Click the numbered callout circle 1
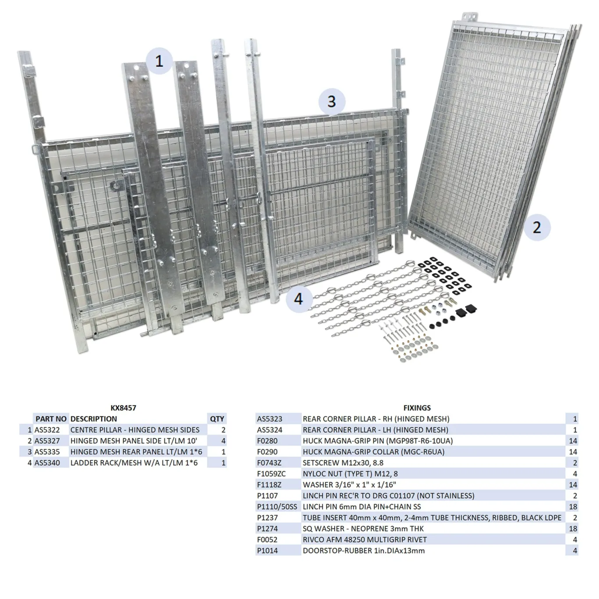coord(159,61)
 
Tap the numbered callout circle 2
coord(537,227)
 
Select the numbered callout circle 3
coord(332,102)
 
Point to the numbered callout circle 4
coord(299,299)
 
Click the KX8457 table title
coord(123,408)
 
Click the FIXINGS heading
coord(417,408)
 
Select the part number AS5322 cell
coord(47,430)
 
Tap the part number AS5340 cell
coord(47,463)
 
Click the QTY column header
coord(217,419)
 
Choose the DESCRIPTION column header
coord(93,419)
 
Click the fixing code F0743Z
coord(269,463)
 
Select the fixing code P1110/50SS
coord(277,506)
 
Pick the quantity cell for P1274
coord(573,529)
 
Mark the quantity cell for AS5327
coord(223,441)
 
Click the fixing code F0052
coord(267,540)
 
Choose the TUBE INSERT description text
coord(432,517)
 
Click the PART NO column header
coord(51,419)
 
